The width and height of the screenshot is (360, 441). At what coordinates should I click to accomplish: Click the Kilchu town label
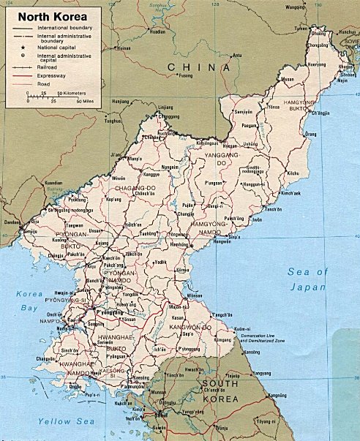[292, 172]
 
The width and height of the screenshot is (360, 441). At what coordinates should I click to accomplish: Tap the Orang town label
[310, 134]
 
